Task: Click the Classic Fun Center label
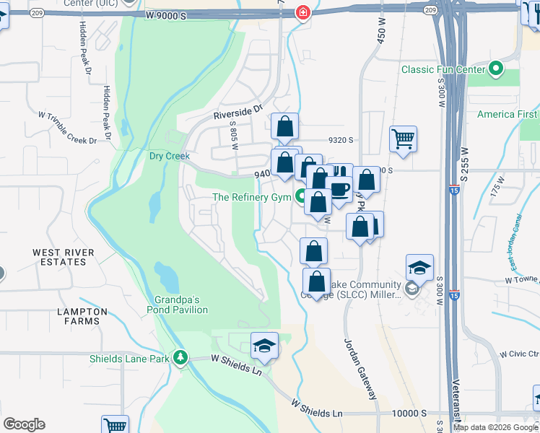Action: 442,69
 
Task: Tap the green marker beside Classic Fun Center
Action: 496,69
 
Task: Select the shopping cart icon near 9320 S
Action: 403,138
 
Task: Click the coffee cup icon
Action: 340,189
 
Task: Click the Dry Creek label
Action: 169,156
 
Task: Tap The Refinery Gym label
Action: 251,197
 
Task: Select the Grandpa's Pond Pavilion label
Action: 180,305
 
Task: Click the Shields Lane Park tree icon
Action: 180,358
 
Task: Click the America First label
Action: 508,115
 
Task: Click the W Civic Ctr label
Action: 520,354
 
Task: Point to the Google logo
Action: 25,424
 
